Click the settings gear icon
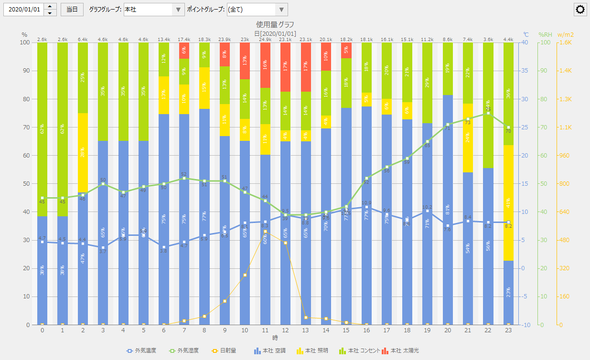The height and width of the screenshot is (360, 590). (x=580, y=10)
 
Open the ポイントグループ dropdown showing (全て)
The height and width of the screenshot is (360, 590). (x=257, y=10)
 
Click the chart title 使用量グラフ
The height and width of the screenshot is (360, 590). (x=275, y=24)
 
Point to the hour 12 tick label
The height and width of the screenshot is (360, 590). (x=285, y=330)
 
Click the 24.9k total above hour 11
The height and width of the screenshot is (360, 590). (x=265, y=39)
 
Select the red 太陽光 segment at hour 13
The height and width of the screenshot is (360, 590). (x=305, y=64)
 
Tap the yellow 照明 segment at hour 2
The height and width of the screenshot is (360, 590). (x=83, y=153)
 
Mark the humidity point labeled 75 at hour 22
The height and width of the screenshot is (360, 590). (x=488, y=113)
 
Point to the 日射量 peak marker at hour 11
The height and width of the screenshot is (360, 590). (x=265, y=232)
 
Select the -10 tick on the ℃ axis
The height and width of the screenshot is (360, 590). (x=526, y=325)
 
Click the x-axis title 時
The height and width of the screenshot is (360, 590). (x=275, y=338)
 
